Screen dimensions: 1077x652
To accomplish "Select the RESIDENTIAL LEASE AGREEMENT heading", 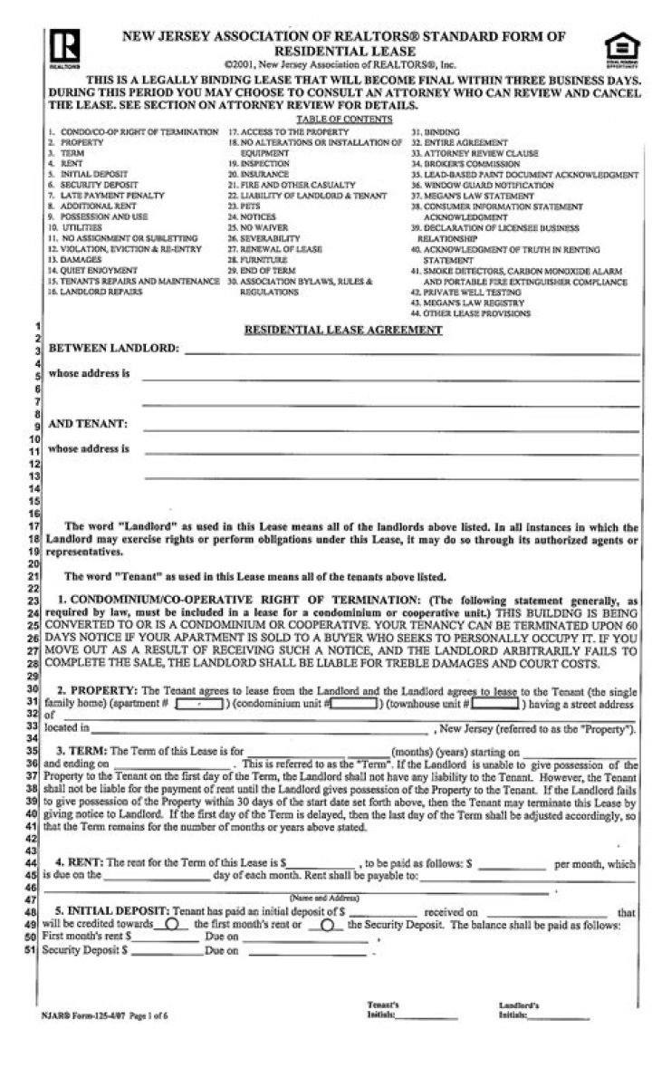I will click(x=343, y=331).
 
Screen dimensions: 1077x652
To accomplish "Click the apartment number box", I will click(x=199, y=702).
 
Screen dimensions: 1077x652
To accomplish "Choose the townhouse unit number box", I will click(x=495, y=702).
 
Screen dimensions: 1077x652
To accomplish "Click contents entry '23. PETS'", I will click(x=244, y=207).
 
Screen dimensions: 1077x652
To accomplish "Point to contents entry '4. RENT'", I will click(x=66, y=163).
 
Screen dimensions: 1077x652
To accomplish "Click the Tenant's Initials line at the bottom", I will click(x=427, y=1015).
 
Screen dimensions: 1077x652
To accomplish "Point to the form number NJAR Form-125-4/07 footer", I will click(x=104, y=1016).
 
